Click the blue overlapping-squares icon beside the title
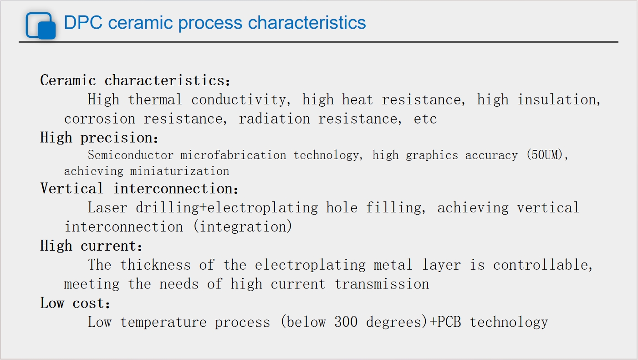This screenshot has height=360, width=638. (41, 26)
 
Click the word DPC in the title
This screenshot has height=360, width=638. (83, 22)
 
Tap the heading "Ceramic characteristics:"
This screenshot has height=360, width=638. (135, 80)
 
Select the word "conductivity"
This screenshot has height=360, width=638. (239, 100)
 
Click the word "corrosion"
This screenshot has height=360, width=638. (100, 119)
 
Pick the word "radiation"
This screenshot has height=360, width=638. (274, 119)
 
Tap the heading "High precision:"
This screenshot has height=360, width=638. (99, 138)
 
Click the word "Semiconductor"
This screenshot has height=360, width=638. (131, 155)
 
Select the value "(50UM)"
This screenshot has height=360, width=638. (544, 155)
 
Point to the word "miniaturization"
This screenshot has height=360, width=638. (180, 171)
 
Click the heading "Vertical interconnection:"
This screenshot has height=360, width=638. (139, 189)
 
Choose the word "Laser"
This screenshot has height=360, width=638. (107, 207)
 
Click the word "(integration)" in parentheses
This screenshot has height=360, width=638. (242, 226)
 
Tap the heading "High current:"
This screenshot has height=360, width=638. (91, 246)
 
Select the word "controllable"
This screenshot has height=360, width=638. (540, 265)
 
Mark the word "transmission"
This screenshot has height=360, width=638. (382, 284)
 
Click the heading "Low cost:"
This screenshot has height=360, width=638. (75, 303)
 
